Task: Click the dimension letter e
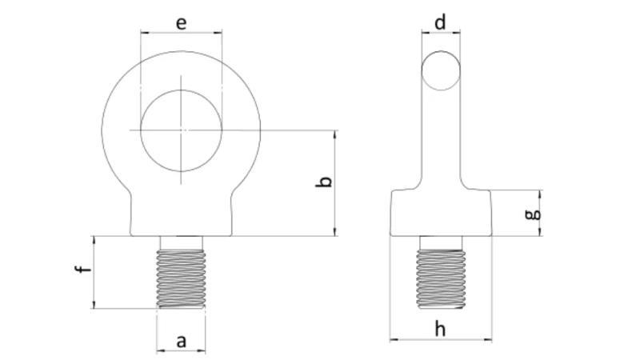pyautogui.click(x=182, y=22)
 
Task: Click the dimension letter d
pyautogui.click(x=441, y=22)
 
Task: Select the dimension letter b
pyautogui.click(x=323, y=183)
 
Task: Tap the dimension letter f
pyautogui.click(x=80, y=272)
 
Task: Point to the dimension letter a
pyautogui.click(x=181, y=341)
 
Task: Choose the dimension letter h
pyautogui.click(x=441, y=328)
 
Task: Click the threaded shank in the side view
pyautogui.click(x=441, y=278)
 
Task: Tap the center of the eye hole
pyautogui.click(x=182, y=130)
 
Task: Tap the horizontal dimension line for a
pyautogui.click(x=181, y=351)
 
